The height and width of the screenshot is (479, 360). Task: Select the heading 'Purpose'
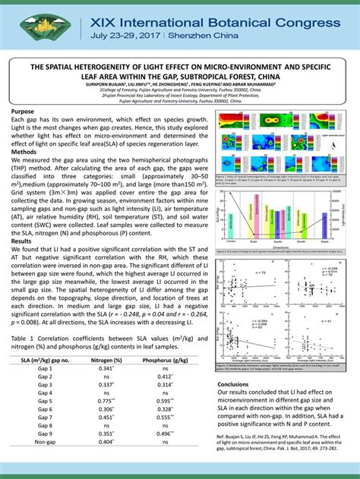[25, 112]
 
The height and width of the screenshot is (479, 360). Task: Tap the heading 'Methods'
[27, 151]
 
